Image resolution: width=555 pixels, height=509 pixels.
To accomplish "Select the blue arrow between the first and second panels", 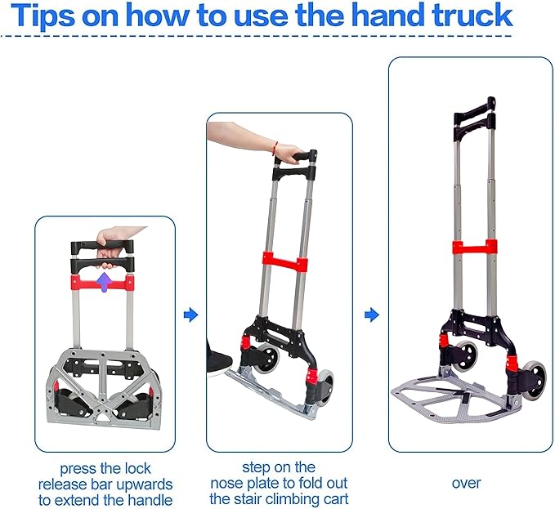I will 190,315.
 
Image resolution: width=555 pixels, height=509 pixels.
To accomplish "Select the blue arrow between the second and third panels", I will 371,315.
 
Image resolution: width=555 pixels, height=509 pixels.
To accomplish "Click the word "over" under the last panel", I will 467,483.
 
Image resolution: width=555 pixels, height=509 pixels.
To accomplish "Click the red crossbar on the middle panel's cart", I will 285,263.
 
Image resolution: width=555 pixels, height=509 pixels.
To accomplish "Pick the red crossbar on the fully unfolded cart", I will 472,248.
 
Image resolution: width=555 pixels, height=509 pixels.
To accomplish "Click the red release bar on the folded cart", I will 104,284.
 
